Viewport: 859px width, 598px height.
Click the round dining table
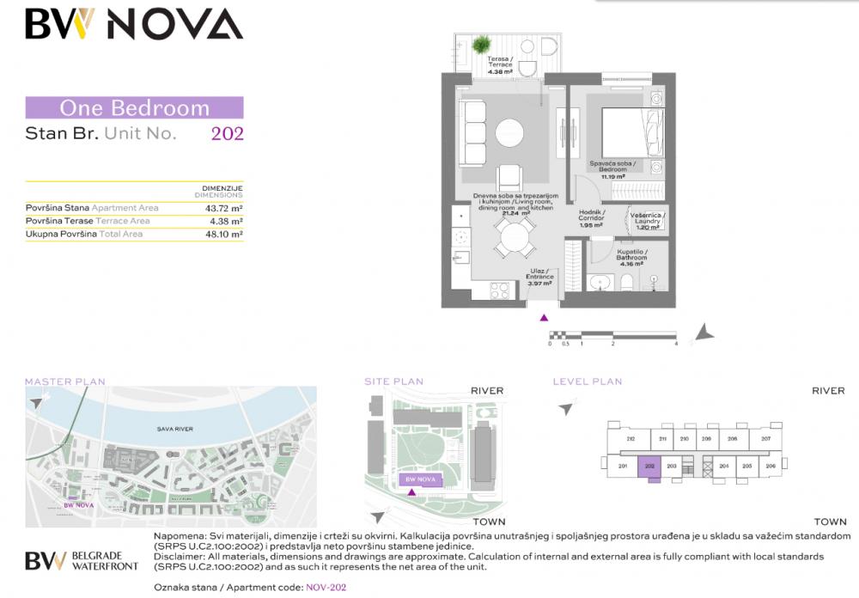(x=515, y=235)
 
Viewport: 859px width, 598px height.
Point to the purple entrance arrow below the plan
(x=543, y=318)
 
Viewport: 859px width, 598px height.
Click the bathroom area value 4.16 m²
(x=631, y=264)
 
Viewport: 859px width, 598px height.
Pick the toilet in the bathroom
(x=626, y=283)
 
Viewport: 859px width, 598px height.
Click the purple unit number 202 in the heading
(x=227, y=133)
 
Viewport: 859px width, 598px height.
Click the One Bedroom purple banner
(x=134, y=108)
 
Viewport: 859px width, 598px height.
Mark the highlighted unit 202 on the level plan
(x=650, y=467)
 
